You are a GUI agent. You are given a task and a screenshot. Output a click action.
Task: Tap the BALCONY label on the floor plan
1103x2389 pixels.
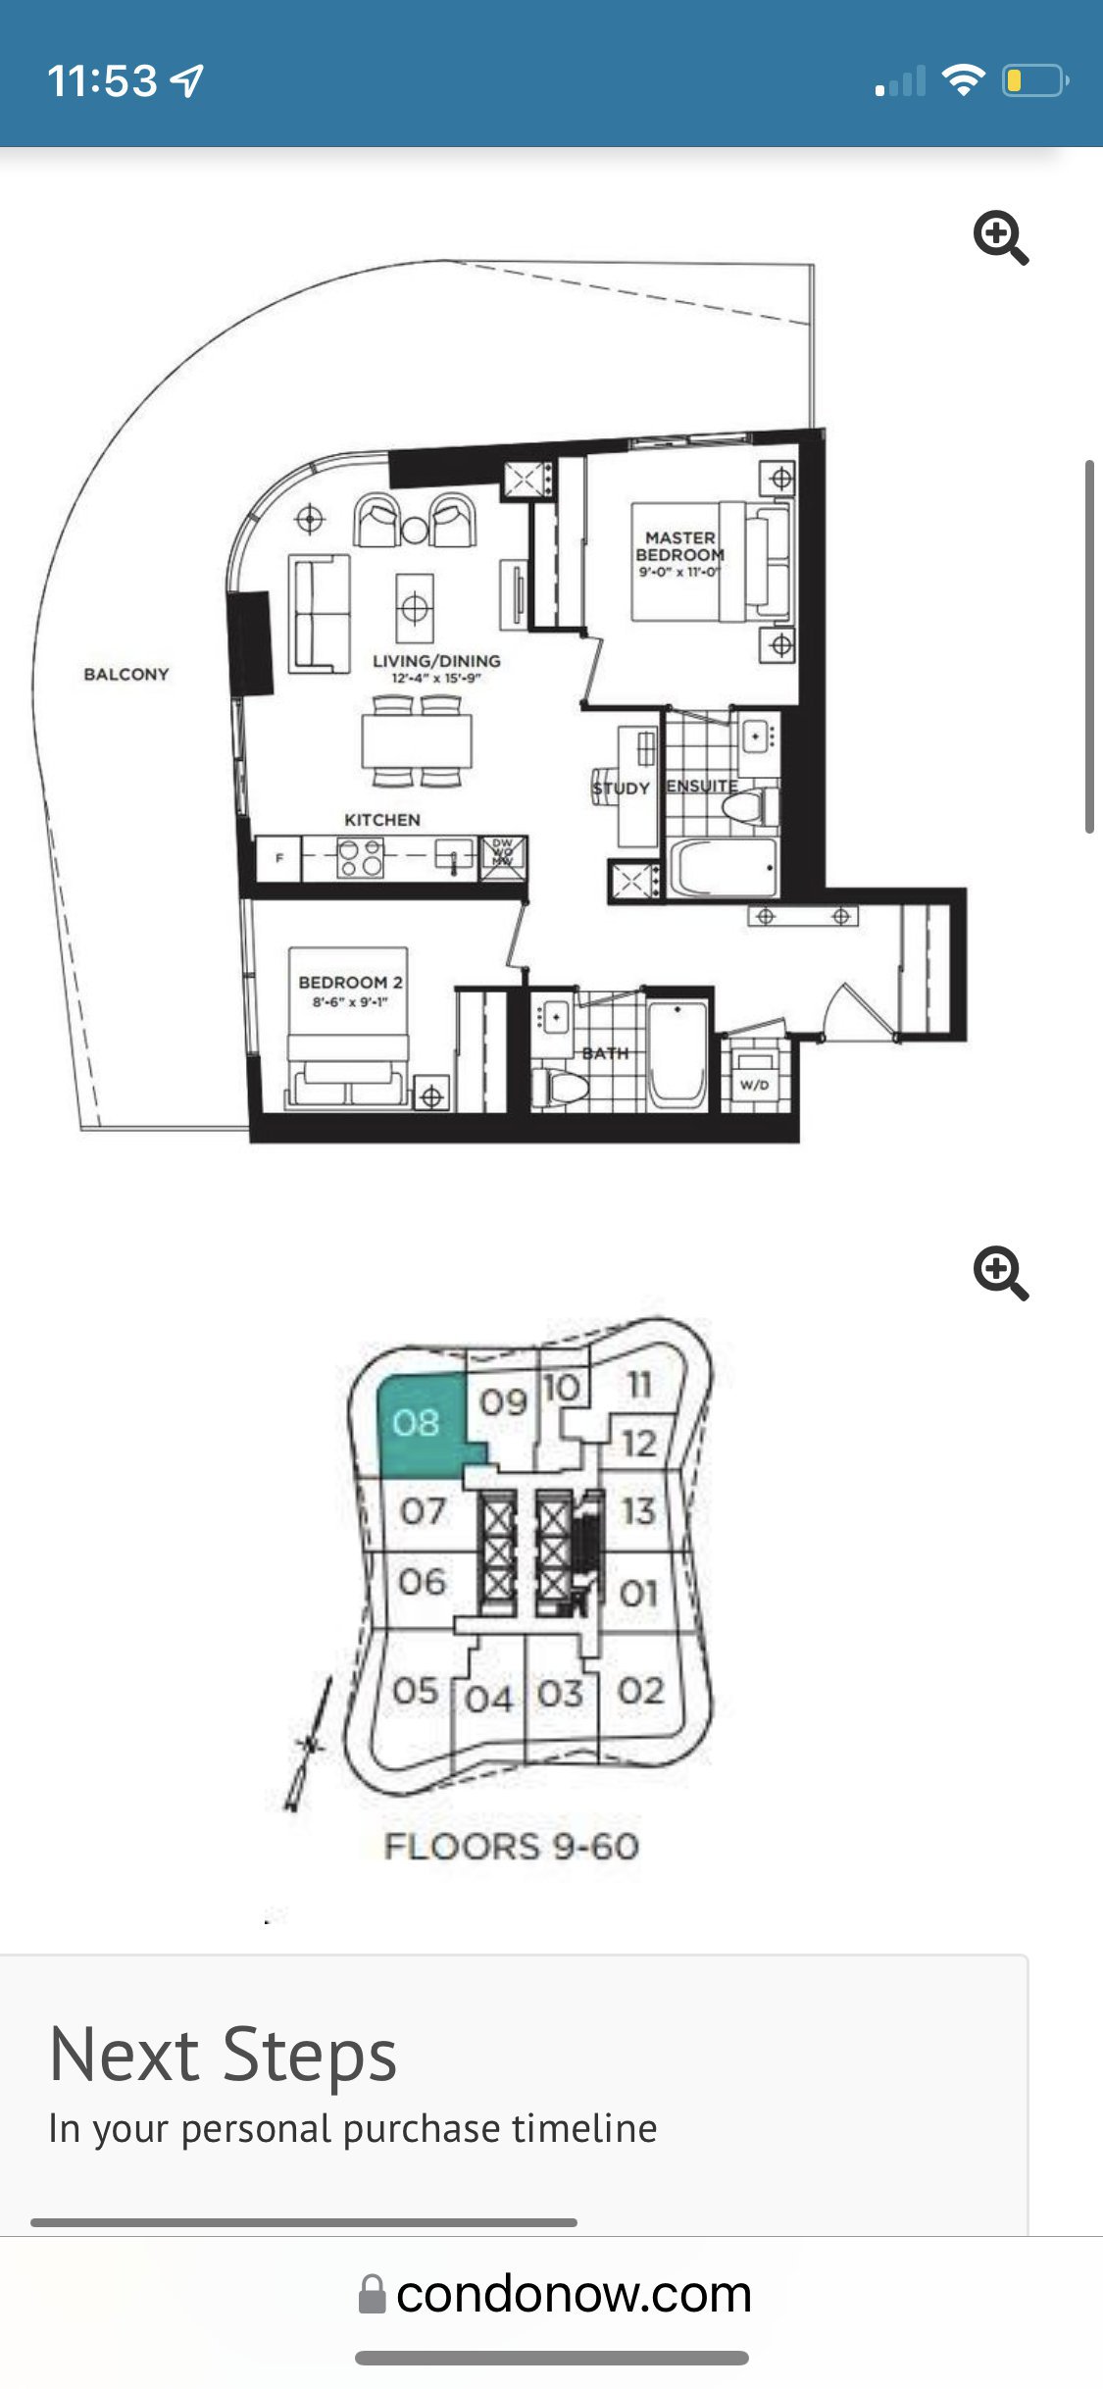[126, 674]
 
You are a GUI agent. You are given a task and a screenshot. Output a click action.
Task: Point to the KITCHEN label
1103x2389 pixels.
[382, 820]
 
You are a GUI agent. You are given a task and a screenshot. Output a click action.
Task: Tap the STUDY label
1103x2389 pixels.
[621, 788]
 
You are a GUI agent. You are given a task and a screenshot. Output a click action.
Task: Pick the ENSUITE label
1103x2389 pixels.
[701, 786]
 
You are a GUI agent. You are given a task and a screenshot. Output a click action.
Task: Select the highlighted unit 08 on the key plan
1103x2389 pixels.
[417, 1423]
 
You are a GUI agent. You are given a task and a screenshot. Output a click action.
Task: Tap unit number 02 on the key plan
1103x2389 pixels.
[641, 1690]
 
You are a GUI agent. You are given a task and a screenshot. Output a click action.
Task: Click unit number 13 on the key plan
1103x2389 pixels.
[638, 1510]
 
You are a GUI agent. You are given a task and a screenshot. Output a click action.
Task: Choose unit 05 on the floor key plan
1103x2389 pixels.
[416, 1690]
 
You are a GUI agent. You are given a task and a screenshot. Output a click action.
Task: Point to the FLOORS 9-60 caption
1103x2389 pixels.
[511, 1847]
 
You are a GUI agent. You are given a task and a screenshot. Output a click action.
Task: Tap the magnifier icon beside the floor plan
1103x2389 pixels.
[1000, 237]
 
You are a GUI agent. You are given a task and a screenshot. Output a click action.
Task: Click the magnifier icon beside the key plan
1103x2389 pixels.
[1000, 1273]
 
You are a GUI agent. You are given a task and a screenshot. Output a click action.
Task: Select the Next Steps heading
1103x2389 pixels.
[224, 2055]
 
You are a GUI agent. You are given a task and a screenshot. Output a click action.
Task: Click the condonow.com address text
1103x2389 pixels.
[574, 2294]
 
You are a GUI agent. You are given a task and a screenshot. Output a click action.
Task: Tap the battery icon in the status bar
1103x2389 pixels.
[1034, 80]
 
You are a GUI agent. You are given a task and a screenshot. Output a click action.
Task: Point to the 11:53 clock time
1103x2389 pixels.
[102, 80]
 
